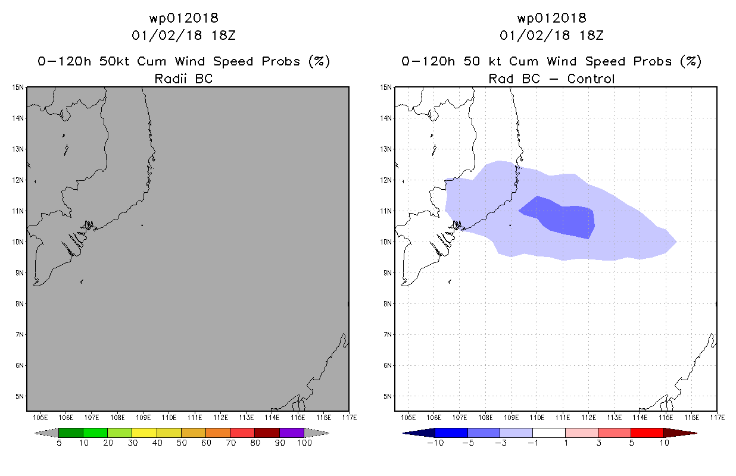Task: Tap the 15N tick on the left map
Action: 18,87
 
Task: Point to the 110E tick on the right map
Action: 537,418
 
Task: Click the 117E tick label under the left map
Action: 350,418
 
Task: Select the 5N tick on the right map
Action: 388,396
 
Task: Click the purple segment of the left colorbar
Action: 292,433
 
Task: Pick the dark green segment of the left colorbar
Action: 71,433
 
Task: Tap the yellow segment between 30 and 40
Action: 144,433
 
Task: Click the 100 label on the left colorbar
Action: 304,443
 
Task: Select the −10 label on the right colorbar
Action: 435,443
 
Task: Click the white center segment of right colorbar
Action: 549,433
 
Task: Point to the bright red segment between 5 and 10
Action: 647,433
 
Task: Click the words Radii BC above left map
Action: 183,79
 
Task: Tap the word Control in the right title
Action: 591,79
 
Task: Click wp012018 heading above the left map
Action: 183,18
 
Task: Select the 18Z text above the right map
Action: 591,36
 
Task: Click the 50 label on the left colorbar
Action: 182,443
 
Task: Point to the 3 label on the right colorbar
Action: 598,443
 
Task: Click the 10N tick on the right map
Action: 386,242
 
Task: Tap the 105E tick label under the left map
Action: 40,418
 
